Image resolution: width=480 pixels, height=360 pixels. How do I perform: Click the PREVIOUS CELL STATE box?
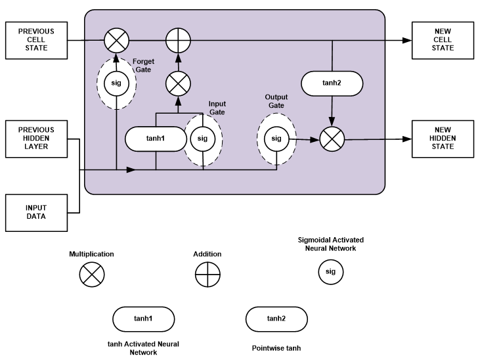pyautogui.click(x=36, y=40)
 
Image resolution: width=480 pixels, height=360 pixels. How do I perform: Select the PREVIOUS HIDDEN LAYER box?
pyautogui.click(x=36, y=139)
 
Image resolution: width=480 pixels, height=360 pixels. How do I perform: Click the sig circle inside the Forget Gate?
pyautogui.click(x=116, y=83)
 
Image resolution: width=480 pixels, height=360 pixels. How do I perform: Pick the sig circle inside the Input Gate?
pyautogui.click(x=202, y=139)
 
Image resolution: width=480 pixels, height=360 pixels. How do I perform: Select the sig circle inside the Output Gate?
pyautogui.click(x=276, y=139)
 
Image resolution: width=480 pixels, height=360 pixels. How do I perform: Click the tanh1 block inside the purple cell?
pyautogui.click(x=155, y=139)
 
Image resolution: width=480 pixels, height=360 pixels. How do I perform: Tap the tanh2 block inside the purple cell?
pyautogui.click(x=332, y=83)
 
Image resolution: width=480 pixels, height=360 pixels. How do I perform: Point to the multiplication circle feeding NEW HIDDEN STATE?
pyautogui.click(x=332, y=139)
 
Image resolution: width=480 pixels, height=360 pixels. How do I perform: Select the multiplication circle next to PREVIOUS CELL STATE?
pyautogui.click(x=116, y=40)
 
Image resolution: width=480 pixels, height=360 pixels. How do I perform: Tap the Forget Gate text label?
pyautogui.click(x=144, y=64)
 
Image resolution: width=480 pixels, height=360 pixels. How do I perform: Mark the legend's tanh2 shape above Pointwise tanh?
pyautogui.click(x=276, y=319)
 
